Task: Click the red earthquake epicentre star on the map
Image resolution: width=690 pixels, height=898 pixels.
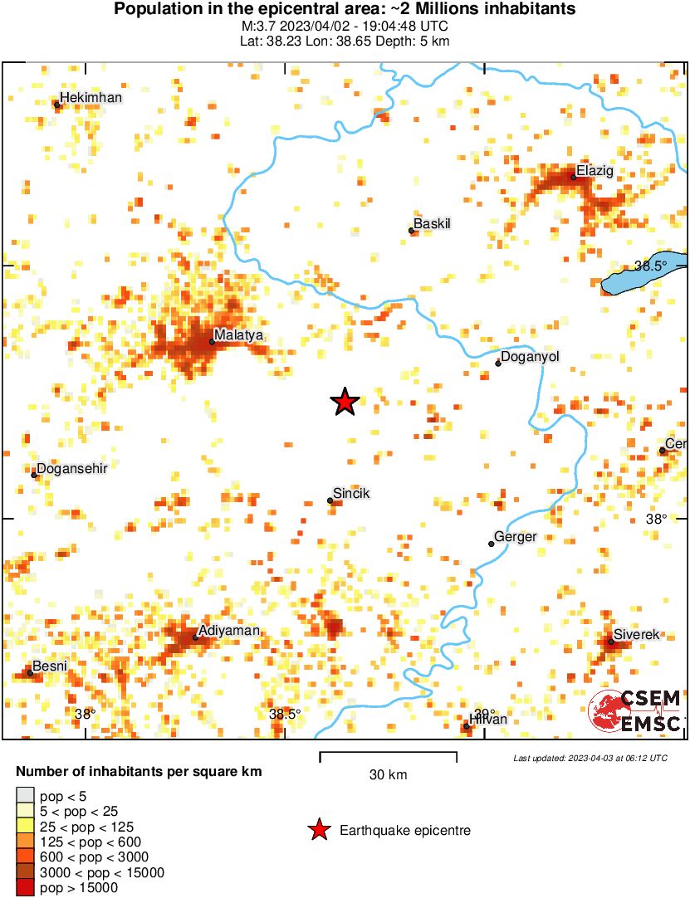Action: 345,402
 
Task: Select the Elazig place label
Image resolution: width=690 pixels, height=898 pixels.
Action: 595,171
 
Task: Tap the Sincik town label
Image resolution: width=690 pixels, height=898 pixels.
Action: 351,494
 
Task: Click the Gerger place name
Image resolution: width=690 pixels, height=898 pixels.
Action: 516,537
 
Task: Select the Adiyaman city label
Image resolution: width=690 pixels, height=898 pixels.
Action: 229,631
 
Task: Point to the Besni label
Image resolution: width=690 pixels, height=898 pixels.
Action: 49,666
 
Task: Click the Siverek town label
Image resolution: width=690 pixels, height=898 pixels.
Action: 636,635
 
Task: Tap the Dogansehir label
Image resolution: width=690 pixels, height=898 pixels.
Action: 72,469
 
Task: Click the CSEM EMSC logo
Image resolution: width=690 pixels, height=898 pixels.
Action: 636,711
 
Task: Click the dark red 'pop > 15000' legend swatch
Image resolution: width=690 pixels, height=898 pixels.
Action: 26,887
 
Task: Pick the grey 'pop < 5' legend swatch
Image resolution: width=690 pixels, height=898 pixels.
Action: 26,796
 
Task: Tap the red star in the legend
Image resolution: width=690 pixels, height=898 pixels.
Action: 318,830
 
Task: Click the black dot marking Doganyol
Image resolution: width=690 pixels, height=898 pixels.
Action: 498,364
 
